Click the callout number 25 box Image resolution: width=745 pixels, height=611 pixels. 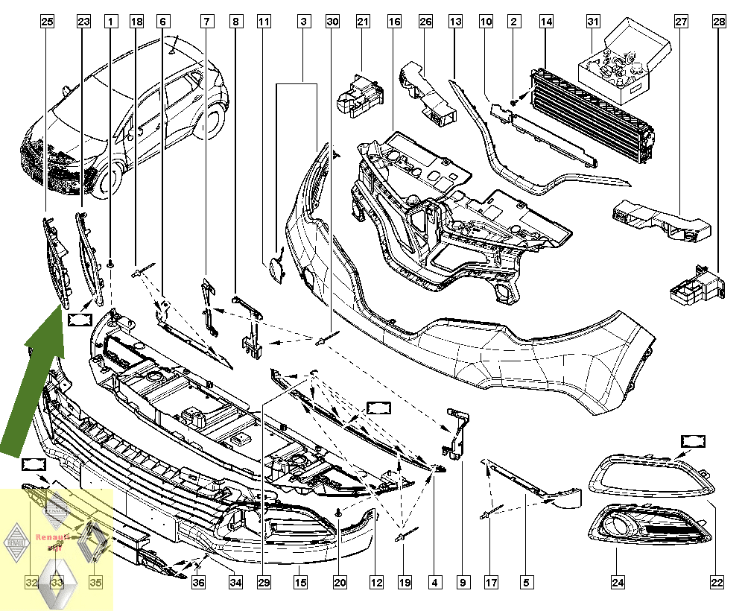tap(47, 22)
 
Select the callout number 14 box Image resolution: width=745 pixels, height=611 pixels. tap(547, 22)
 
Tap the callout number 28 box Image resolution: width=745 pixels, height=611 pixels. tap(719, 22)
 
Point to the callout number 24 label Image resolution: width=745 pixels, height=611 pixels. tap(618, 582)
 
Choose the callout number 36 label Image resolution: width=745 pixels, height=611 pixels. tap(198, 582)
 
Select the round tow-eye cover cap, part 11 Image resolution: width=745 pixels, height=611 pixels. tap(276, 270)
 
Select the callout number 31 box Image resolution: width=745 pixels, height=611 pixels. tap(593, 22)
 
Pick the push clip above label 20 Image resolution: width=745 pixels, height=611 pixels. tap(340, 511)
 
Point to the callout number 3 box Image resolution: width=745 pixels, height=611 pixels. tap(305, 22)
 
